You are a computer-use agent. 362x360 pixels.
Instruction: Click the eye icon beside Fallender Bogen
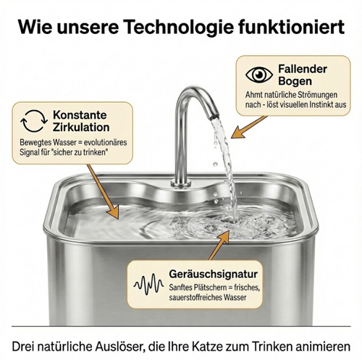click(x=259, y=75)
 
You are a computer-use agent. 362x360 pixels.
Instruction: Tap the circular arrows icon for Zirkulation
click(x=34, y=121)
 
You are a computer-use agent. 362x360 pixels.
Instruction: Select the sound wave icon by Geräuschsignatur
click(x=148, y=285)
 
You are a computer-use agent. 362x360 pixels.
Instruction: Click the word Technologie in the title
click(x=180, y=27)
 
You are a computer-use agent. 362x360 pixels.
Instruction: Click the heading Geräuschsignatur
click(x=213, y=275)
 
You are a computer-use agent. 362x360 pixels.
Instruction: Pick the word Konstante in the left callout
click(x=80, y=114)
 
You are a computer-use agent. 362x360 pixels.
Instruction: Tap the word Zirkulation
click(x=81, y=127)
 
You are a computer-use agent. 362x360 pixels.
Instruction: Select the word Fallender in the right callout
click(x=303, y=69)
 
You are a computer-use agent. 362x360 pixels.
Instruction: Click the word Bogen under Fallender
click(x=295, y=81)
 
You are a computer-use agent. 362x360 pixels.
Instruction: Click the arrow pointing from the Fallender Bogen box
click(x=248, y=127)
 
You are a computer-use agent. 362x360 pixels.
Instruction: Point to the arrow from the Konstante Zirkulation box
click(x=103, y=192)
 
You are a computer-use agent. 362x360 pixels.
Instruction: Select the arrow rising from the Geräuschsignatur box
click(x=219, y=245)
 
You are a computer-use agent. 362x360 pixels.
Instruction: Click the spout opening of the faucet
click(x=213, y=117)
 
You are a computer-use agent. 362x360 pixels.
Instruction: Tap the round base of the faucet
click(x=181, y=183)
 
